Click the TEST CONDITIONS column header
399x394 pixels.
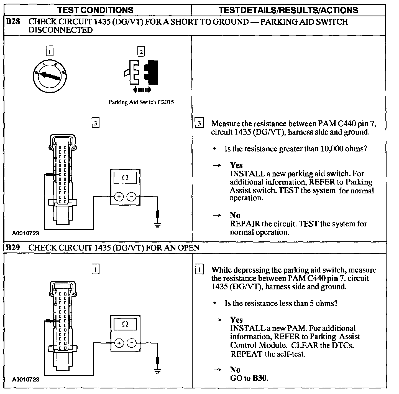tap(95, 10)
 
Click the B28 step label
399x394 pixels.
tap(13, 22)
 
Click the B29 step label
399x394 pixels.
tap(13, 247)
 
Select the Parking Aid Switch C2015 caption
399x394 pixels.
tap(141, 102)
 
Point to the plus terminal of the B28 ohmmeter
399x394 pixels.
tap(119, 197)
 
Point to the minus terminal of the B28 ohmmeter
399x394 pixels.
tap(131, 197)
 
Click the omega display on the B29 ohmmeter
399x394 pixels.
tap(125, 324)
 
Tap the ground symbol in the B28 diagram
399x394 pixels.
tap(157, 224)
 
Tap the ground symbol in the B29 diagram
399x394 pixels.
tap(157, 370)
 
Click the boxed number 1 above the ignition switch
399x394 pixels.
tap(49, 52)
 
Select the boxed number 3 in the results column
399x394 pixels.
tap(199, 123)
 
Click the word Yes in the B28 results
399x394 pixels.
tap(236, 165)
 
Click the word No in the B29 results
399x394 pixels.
tap(235, 370)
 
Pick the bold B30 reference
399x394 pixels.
tap(260, 378)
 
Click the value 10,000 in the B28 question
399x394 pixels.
tap(332, 149)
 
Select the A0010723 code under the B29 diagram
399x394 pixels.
tap(25, 380)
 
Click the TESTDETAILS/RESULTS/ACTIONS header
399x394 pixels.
tap(288, 10)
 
